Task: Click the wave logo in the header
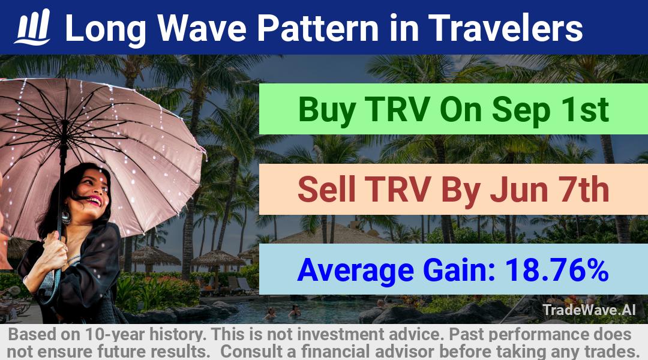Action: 32,27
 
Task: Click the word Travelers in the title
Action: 505,28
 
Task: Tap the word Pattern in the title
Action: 318,28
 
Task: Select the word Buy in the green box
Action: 326,110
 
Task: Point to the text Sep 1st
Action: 550,110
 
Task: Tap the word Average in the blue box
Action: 355,271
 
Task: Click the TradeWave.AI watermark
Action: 589,310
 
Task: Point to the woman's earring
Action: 66,217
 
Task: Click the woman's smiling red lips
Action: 94,201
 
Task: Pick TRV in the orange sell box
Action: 398,189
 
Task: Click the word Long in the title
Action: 106,29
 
